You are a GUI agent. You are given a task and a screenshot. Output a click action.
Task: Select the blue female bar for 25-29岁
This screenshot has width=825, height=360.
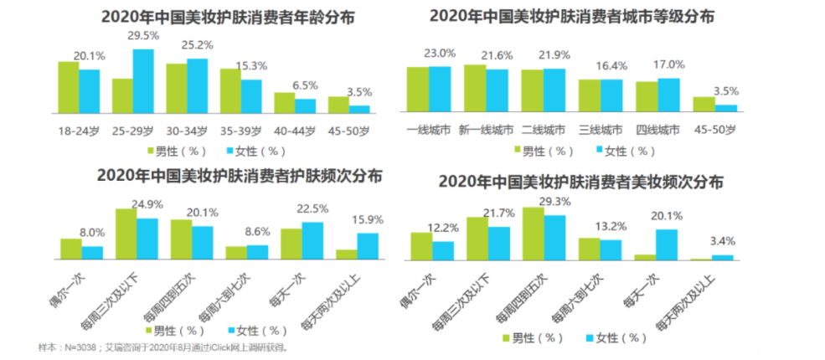pos(143,80)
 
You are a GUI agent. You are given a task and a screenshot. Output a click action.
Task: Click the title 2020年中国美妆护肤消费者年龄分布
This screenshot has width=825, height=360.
pos(202,16)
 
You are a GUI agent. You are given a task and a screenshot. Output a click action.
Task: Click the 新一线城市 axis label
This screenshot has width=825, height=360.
pos(486,131)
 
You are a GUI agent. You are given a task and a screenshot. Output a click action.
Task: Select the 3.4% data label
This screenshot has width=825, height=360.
pos(723,242)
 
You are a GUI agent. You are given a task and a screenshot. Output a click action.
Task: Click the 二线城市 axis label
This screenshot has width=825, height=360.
pos(544,131)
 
